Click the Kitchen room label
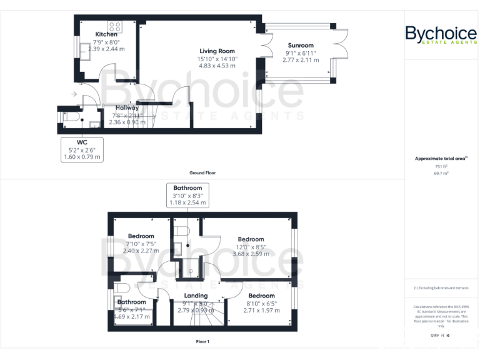[x=106, y=34]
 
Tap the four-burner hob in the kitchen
[x=115, y=26]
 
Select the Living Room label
[x=217, y=51]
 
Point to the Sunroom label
[x=300, y=46]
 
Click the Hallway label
[x=127, y=108]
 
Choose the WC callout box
[x=82, y=150]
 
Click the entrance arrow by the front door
[x=75, y=94]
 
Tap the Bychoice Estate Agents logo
[x=441, y=34]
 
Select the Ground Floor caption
[x=202, y=172]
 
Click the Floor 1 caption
[x=202, y=342]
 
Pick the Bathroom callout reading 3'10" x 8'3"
[x=187, y=195]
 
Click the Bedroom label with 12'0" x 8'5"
[x=251, y=239]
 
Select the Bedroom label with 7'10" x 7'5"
[x=141, y=236]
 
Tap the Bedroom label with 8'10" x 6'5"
[x=261, y=296]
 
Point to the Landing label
[x=196, y=296]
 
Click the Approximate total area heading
[x=441, y=159]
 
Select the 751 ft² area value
[x=441, y=167]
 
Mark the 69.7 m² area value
[x=441, y=174]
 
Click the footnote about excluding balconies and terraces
[x=441, y=288]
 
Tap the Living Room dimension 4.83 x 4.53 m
[x=217, y=66]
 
